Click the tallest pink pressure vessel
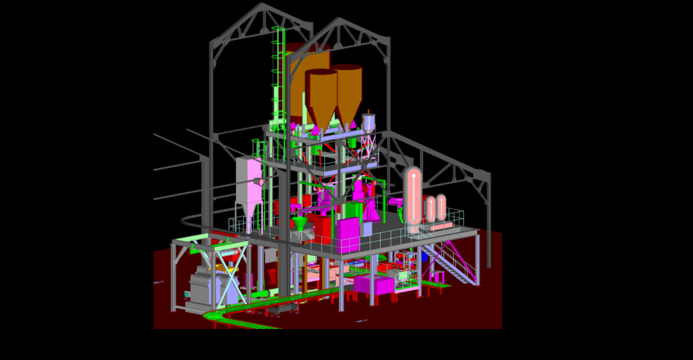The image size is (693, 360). (413, 194)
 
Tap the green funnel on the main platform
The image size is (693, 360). (299, 222)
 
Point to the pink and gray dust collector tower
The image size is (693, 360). (249, 184)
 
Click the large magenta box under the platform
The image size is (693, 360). (373, 285)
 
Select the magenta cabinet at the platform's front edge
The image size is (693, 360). (348, 235)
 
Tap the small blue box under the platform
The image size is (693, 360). (424, 256)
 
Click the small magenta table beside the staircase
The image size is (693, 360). (436, 275)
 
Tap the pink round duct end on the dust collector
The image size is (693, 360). (261, 182)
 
